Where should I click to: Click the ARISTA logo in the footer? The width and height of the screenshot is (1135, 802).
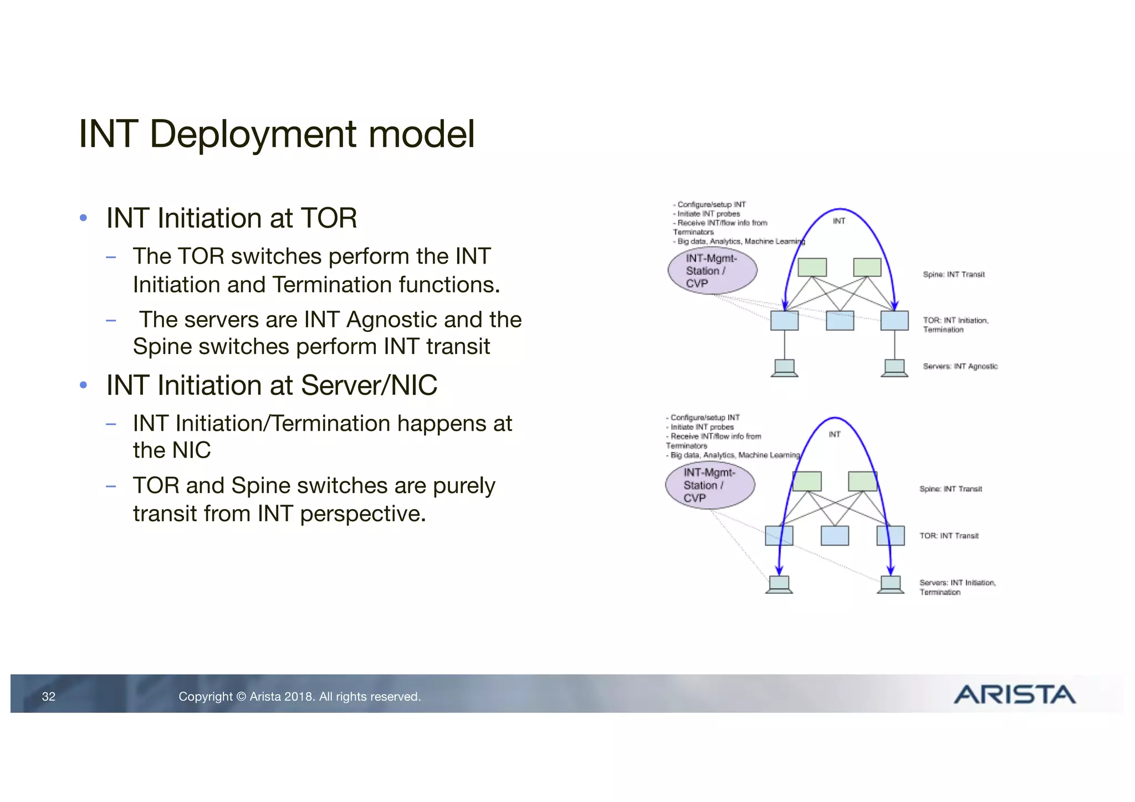pos(1014,695)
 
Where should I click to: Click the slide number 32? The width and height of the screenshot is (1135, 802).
pos(49,697)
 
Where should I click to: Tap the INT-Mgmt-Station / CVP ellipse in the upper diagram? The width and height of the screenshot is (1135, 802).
pos(712,271)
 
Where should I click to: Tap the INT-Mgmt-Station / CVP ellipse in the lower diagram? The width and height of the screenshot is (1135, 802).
pos(710,485)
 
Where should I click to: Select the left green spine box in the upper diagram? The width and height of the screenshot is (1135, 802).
pos(812,267)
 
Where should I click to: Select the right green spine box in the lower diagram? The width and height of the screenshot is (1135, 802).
pos(862,481)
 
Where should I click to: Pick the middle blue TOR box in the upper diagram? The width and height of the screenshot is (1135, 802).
pos(840,321)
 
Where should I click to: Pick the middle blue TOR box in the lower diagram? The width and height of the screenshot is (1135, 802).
pos(835,536)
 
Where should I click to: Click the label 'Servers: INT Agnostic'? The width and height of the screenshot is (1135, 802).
pos(960,366)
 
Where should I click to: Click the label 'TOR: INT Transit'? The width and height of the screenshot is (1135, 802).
pos(949,536)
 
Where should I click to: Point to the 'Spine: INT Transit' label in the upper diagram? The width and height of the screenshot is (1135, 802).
pos(953,274)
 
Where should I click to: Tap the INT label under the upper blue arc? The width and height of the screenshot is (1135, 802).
pos(839,221)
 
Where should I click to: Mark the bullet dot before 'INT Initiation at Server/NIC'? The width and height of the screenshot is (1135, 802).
pos(84,385)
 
